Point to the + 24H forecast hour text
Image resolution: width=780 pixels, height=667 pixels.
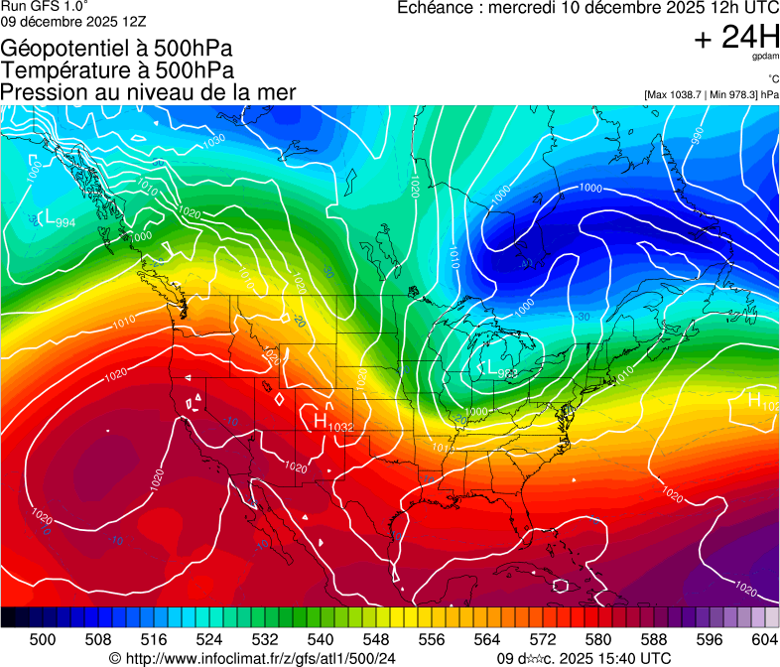pyautogui.click(x=736, y=38)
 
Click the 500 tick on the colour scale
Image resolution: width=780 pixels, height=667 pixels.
pyautogui.click(x=43, y=640)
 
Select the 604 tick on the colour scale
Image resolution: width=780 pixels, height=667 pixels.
pyautogui.click(x=765, y=640)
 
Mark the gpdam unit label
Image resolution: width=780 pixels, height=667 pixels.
pyautogui.click(x=765, y=58)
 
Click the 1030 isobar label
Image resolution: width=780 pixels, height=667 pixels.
pyautogui.click(x=212, y=141)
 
